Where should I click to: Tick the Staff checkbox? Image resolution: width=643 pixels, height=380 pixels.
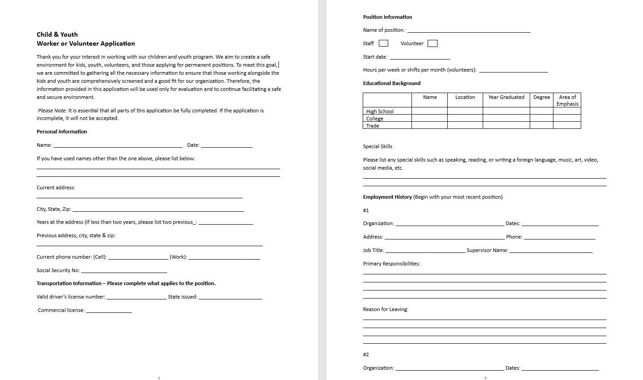383,43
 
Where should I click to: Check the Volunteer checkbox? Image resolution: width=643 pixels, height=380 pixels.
432,43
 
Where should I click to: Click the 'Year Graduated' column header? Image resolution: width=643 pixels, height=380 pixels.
506,97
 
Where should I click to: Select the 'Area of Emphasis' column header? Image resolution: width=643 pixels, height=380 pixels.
567,100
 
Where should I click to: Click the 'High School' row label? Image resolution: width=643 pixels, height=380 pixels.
380,111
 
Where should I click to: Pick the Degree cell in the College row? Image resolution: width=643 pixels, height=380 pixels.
541,119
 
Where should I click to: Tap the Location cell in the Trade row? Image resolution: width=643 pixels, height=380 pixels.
465,126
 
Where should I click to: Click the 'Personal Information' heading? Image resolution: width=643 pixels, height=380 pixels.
62,132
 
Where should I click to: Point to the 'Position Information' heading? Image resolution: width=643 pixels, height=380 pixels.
387,17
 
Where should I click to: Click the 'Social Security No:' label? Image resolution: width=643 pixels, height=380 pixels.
58,270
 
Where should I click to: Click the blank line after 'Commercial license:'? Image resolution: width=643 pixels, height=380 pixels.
109,311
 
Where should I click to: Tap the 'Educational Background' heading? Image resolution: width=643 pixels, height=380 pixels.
392,83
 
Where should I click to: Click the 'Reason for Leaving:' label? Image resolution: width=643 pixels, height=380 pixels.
386,309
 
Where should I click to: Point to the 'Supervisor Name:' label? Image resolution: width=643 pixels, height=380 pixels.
487,250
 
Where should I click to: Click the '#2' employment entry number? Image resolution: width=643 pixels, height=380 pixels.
366,354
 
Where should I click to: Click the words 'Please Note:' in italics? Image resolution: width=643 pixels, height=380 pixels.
52,111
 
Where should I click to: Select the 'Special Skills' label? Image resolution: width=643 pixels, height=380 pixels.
377,146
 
